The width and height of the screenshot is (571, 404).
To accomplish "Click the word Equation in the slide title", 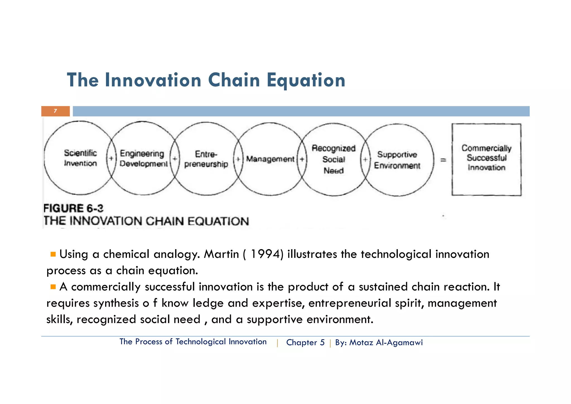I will [x=306, y=80].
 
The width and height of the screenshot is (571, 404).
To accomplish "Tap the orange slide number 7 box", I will [x=55, y=111].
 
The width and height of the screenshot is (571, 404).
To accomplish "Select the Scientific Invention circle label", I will [x=80, y=158].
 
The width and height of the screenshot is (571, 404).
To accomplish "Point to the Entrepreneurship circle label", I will [x=206, y=159].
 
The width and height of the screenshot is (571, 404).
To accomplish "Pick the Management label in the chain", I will [x=270, y=159].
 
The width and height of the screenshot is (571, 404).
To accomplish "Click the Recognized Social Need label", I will [x=333, y=159].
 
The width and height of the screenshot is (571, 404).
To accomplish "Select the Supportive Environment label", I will [x=397, y=160].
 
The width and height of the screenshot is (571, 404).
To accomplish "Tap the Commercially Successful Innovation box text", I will [x=487, y=158].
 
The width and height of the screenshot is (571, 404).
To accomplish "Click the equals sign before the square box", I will [x=443, y=160].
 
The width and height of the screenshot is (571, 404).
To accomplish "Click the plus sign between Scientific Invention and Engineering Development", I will [x=111, y=158].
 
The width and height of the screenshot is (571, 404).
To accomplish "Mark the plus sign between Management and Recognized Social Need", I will [x=302, y=160].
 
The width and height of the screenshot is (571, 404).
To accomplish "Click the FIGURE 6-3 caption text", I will [x=73, y=208].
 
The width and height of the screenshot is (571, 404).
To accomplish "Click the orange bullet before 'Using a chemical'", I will [x=53, y=254].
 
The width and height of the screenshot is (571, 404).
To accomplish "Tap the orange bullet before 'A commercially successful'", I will [x=53, y=287].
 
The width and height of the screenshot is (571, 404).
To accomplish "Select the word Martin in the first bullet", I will [x=221, y=254].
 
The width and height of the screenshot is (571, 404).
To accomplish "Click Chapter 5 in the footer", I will [x=305, y=342].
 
